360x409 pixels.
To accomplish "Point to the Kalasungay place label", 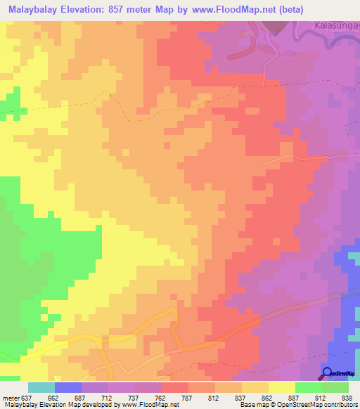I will point(336,26).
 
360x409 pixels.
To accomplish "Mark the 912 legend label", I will point(322,397).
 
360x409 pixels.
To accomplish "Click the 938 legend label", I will point(347,397).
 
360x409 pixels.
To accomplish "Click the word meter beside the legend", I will point(10,397).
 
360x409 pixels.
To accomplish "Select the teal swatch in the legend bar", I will point(41,387).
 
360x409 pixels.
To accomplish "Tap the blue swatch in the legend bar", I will point(68,387).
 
